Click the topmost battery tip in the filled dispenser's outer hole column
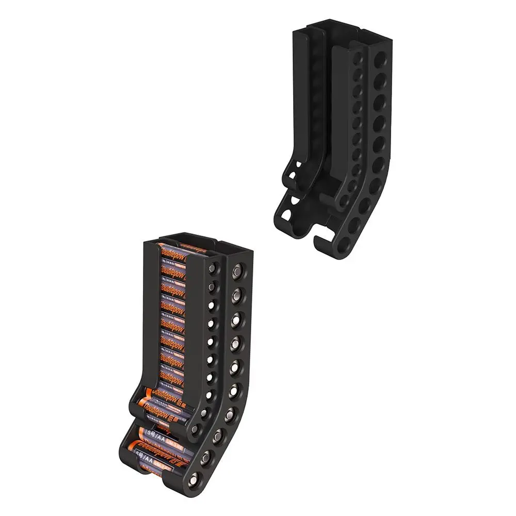(237, 270)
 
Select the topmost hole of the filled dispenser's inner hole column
(212, 269)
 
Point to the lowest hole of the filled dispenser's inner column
(195, 429)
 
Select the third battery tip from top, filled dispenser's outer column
(236, 317)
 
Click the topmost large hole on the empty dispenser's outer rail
(381, 57)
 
